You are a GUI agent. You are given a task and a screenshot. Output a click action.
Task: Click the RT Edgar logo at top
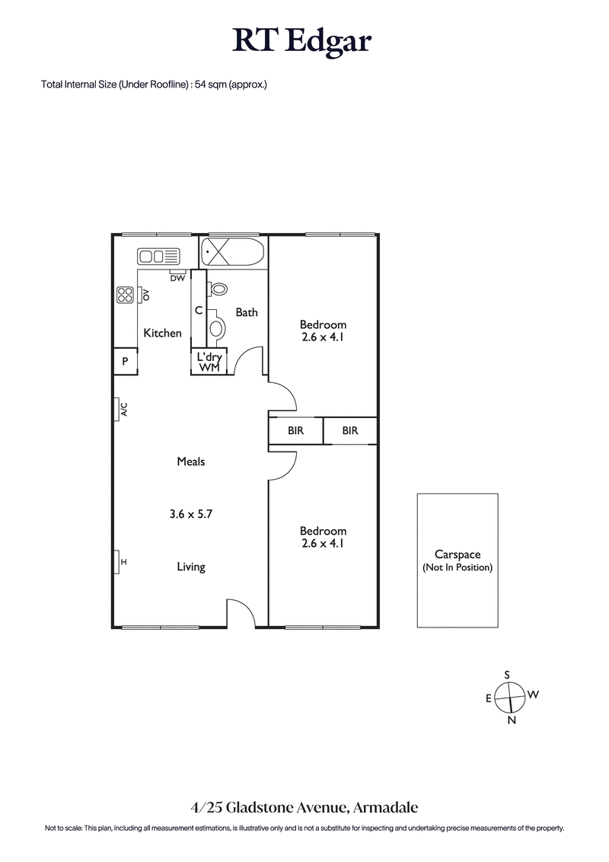click(x=302, y=41)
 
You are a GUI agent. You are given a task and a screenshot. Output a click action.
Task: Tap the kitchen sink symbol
click(x=158, y=257)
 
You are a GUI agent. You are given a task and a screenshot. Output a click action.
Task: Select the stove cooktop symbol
click(x=125, y=295)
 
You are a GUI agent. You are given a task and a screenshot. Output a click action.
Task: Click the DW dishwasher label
click(x=177, y=278)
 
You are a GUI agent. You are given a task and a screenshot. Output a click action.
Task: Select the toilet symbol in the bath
click(x=218, y=289)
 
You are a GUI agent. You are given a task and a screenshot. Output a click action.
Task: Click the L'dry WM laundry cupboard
click(x=208, y=362)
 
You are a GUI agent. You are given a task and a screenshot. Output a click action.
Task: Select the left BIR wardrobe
click(x=295, y=431)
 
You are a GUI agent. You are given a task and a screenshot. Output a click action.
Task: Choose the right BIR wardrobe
click(x=349, y=431)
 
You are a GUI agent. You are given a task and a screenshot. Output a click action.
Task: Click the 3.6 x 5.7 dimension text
click(x=190, y=514)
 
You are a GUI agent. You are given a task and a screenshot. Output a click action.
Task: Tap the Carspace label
click(x=458, y=555)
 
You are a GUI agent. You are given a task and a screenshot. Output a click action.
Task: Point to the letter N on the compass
click(x=512, y=720)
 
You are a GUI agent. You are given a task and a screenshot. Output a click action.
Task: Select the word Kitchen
click(x=163, y=333)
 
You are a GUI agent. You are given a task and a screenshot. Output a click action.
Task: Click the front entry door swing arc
click(x=242, y=613)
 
